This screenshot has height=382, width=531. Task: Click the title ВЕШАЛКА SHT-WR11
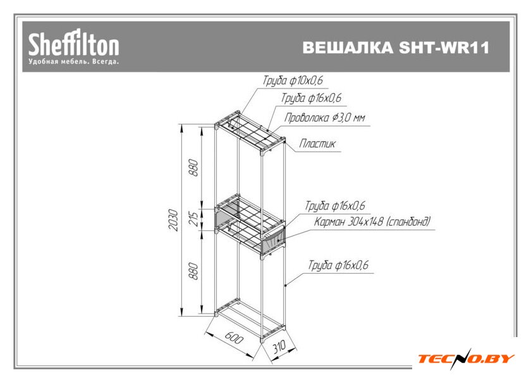[x=396, y=49]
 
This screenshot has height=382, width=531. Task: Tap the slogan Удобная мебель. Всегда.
[x=73, y=62]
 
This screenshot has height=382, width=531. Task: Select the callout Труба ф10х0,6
[x=288, y=81]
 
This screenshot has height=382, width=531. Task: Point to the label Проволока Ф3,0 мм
[x=324, y=118]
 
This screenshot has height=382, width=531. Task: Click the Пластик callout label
[x=317, y=144]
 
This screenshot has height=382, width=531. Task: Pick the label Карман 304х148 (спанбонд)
[x=372, y=222]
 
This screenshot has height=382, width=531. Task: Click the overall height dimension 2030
[x=173, y=220]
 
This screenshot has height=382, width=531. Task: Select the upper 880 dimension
[x=194, y=168]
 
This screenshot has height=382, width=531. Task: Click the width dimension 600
[x=233, y=338]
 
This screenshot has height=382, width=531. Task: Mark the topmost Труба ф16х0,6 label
[x=311, y=99]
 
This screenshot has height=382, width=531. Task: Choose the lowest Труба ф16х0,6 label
[x=338, y=266]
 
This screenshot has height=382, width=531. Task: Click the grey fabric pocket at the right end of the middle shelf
[x=274, y=239]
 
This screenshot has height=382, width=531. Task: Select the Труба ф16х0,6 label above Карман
[x=336, y=206]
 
